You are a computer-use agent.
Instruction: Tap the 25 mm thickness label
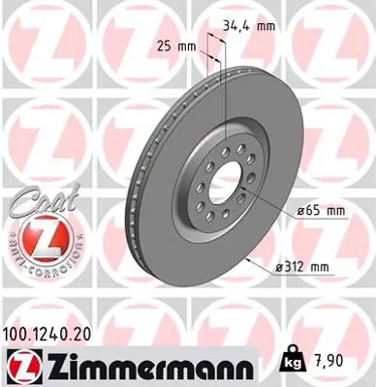click(x=174, y=45)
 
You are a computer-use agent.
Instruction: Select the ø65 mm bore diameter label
click(x=321, y=209)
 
